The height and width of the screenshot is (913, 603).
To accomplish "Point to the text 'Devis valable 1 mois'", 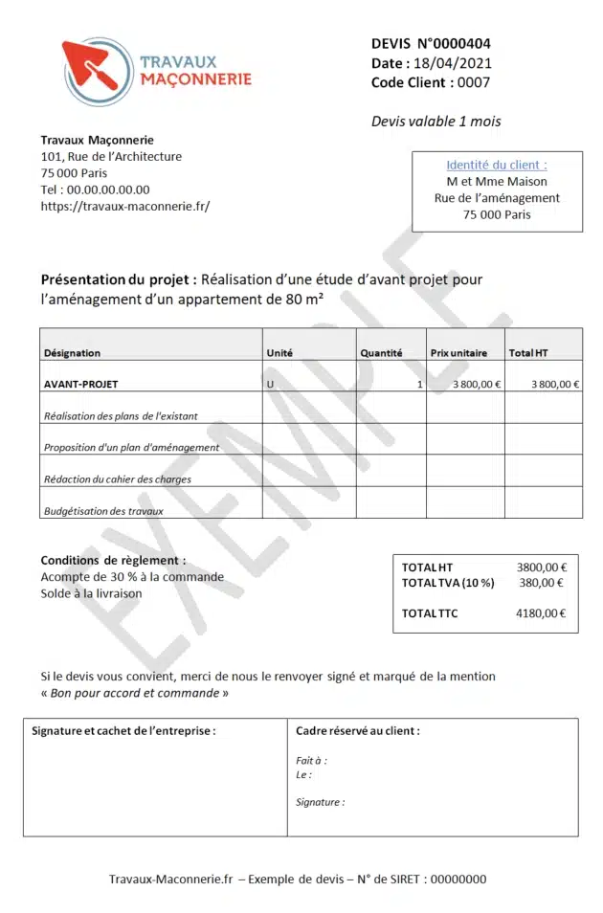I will [435, 122].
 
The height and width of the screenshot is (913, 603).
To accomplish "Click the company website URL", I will [124, 206].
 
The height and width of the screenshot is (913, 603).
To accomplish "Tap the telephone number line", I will [95, 189].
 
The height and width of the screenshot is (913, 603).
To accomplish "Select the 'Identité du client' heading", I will [497, 165].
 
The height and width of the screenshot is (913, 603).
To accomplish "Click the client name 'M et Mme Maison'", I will [497, 181].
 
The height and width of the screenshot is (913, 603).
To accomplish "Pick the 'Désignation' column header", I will [73, 353].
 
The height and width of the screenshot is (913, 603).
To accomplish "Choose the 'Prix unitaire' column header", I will [458, 353].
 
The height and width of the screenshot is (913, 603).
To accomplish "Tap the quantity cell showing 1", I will [418, 384].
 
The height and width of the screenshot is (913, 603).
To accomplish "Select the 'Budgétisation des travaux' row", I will [103, 511].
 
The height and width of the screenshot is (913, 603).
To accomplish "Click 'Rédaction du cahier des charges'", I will [117, 479].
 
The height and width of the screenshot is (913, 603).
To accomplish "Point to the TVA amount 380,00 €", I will [541, 582].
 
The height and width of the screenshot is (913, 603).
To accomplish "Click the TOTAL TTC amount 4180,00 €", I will [541, 613].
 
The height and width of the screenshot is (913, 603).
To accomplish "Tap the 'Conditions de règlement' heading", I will [113, 560].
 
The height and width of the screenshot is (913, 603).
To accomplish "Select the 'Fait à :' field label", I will [311, 761].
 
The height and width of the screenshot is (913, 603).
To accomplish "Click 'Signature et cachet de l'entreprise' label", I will [123, 731].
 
